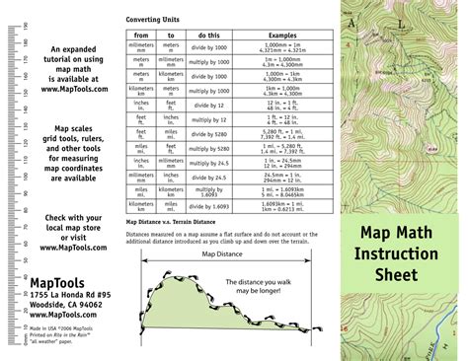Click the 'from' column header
click(141, 35)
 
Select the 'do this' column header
click(208, 35)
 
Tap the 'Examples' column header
click(282, 35)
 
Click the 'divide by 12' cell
click(208, 105)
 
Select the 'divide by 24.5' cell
click(208, 178)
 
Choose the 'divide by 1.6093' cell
click(208, 207)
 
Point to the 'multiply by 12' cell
click(208, 119)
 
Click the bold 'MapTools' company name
click(57, 283)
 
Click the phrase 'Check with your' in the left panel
click(71, 218)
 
